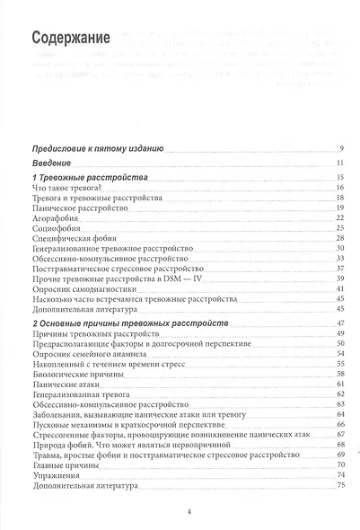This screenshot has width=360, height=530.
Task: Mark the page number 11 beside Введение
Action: click(340, 163)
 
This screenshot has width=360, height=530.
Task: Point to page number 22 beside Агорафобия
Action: click(340, 218)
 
